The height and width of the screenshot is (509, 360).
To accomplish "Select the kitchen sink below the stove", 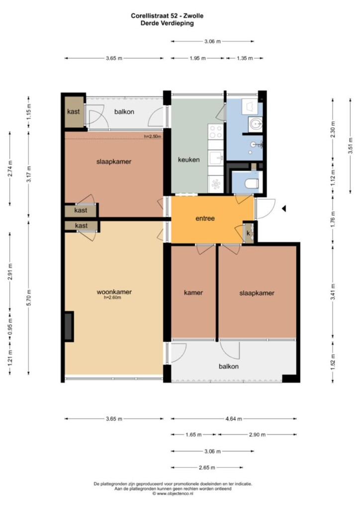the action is click(x=216, y=158).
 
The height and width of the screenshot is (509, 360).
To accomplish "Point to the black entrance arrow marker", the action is click(x=284, y=208).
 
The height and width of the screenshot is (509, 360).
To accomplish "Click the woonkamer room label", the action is click(x=114, y=292).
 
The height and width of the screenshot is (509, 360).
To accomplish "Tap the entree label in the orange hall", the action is click(x=205, y=219).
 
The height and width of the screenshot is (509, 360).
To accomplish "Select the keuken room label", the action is click(x=188, y=160).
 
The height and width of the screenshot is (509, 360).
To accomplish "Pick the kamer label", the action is click(x=193, y=292).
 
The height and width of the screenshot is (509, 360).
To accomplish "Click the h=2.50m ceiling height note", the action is click(x=152, y=136).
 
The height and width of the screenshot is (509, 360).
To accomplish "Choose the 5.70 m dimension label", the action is click(x=29, y=298).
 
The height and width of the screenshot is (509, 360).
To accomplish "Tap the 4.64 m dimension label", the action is click(x=234, y=419).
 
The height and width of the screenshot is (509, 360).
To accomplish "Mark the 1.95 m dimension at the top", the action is click(x=198, y=59).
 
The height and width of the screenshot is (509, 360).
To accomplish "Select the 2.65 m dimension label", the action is click(x=207, y=468).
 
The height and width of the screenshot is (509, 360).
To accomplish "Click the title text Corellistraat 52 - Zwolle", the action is click(x=167, y=15).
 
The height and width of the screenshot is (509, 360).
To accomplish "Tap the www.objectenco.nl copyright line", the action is click(x=173, y=494).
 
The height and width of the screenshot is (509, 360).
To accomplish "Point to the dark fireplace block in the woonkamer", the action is click(x=69, y=326).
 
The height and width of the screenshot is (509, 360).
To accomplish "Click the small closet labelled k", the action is click(x=249, y=233).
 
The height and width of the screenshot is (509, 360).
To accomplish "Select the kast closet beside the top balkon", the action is click(x=74, y=112).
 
